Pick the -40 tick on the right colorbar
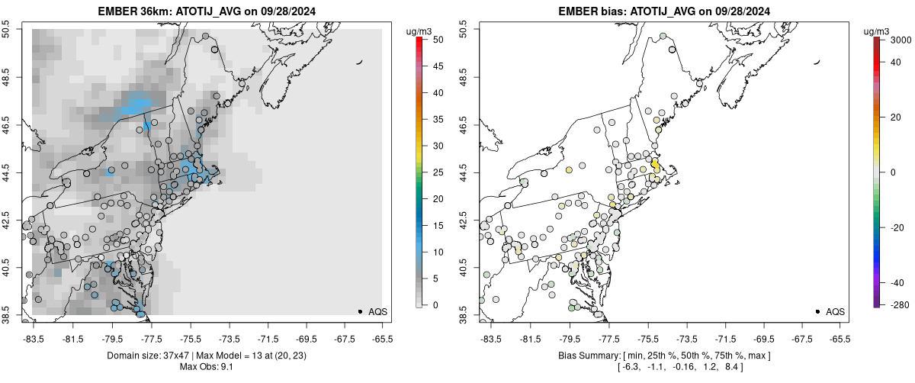894,282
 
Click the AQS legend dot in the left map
361,311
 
